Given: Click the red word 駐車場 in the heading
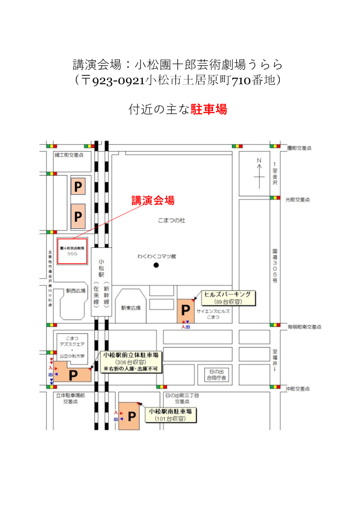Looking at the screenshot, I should click(209, 109).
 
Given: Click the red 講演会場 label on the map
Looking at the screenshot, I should click(153, 200).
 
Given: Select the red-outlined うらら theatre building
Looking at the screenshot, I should click(72, 250).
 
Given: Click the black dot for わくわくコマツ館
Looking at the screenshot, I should click(156, 265).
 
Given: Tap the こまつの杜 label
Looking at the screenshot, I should click(171, 220).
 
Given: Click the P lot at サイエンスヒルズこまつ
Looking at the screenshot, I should click(185, 310).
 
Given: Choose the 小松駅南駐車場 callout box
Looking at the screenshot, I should click(171, 415).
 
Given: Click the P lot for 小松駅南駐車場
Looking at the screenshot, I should click(132, 416).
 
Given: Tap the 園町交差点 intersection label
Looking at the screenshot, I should click(300, 148).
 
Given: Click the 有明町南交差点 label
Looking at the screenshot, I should click(305, 326).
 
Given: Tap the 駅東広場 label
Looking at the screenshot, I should click(131, 308).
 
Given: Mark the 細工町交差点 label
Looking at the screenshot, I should click(69, 155).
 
